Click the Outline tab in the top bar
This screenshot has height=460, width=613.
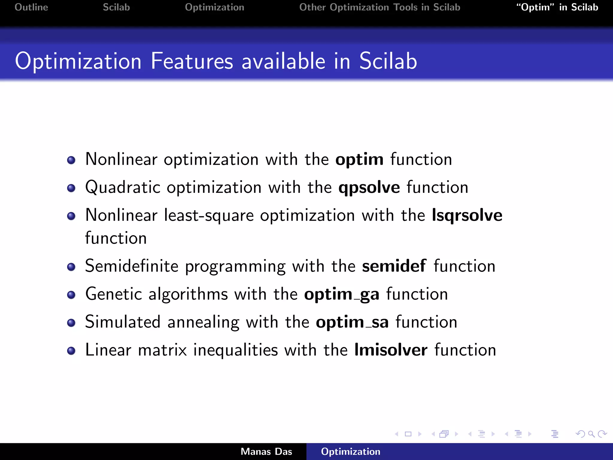(31, 7)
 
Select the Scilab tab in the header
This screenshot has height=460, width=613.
(116, 7)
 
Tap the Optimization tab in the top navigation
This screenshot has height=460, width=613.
(214, 7)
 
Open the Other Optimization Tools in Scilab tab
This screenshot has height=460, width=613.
(380, 7)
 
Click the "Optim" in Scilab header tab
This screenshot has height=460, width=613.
(557, 7)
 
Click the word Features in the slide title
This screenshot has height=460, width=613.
(192, 61)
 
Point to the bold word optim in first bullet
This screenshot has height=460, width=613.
(359, 160)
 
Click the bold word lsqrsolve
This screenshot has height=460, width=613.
(467, 216)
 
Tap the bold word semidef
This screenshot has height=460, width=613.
(394, 266)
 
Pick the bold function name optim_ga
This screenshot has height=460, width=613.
(342, 294)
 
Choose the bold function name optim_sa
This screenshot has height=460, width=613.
(352, 323)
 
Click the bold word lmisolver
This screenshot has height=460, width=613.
(391, 350)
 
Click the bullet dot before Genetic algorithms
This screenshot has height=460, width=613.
(71, 295)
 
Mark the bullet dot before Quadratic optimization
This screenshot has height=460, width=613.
(71, 188)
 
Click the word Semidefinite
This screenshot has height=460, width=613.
(132, 266)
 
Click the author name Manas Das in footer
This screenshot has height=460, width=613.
(266, 452)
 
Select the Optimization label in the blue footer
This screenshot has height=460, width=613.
(350, 452)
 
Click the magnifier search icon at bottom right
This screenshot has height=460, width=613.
(591, 434)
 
